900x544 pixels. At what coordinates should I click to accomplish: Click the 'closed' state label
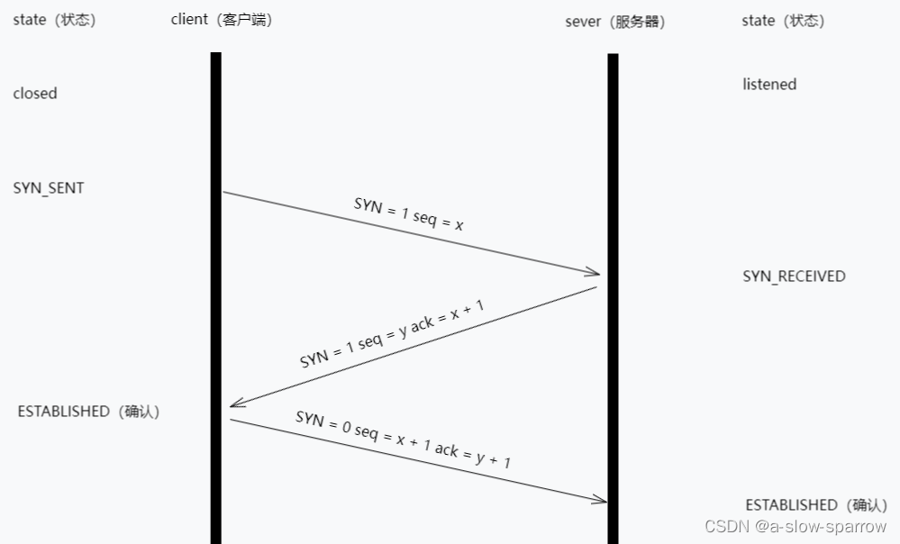click(x=35, y=94)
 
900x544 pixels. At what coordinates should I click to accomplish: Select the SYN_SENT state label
click(x=49, y=188)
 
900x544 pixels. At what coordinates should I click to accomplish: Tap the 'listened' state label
click(x=769, y=85)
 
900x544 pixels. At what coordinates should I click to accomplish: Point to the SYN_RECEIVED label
click(x=794, y=277)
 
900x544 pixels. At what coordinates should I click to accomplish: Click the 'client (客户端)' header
click(x=222, y=20)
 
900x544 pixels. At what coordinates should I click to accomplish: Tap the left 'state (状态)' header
click(x=54, y=20)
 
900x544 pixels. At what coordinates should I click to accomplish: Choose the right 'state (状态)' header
click(x=783, y=20)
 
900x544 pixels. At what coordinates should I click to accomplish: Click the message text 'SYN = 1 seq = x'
click(x=408, y=214)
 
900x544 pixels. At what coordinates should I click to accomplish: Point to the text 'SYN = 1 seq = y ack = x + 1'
click(x=392, y=333)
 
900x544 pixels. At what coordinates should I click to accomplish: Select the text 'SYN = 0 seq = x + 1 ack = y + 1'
click(x=403, y=439)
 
